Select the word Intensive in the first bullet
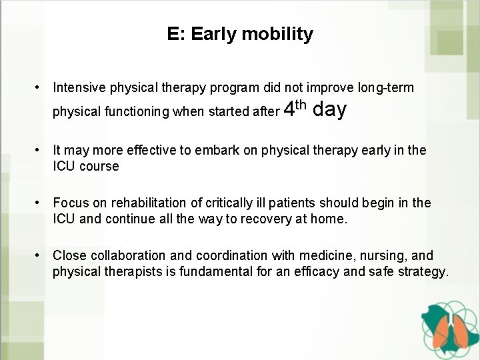point(79,87)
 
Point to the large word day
point(329,109)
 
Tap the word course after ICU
point(99,166)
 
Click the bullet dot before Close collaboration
point(41,255)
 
